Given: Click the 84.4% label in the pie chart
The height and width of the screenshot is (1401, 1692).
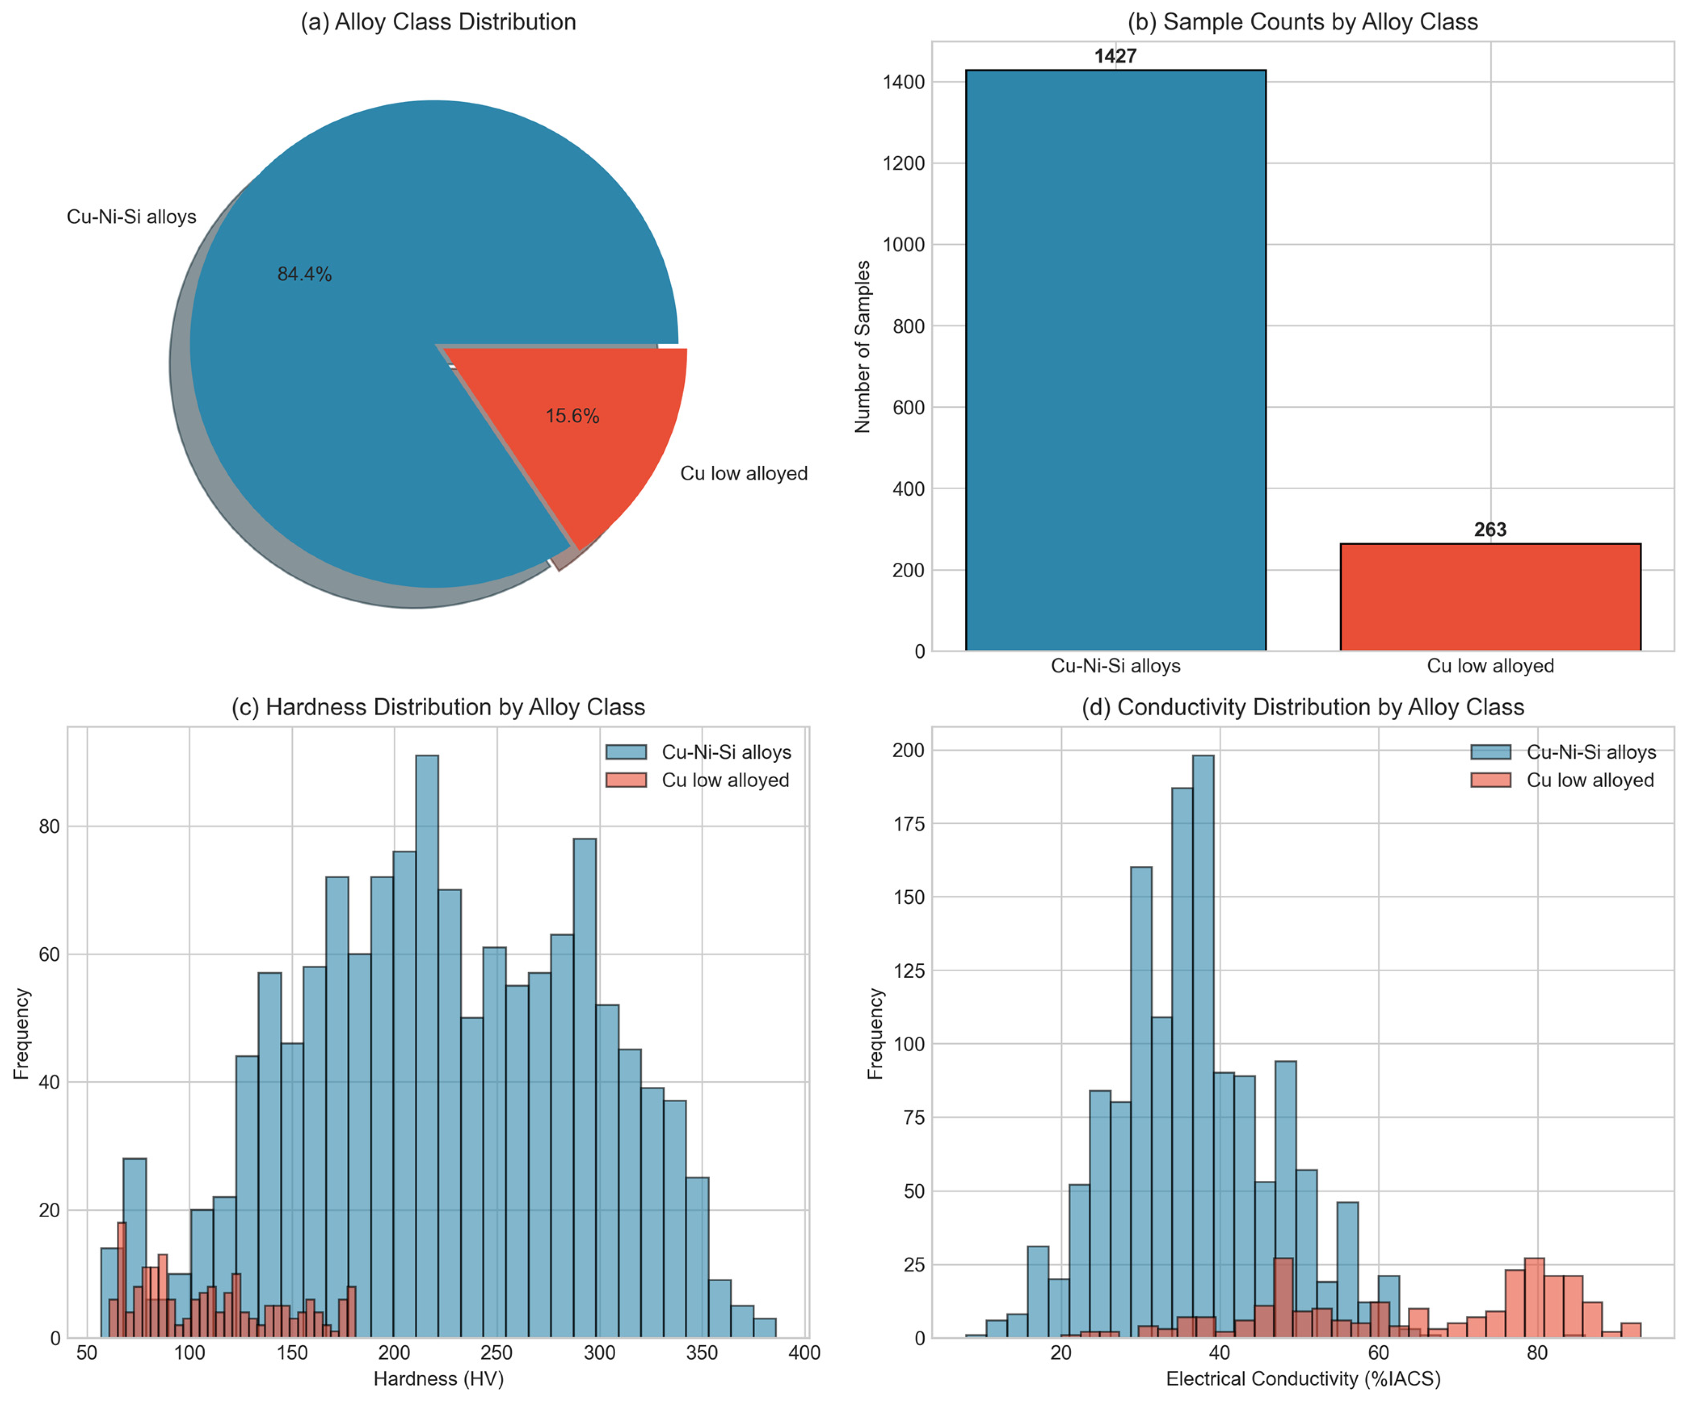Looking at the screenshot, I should click(304, 275).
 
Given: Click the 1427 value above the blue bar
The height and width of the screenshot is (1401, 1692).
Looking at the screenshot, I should click(1115, 56).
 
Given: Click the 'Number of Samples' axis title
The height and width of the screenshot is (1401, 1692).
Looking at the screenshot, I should click(863, 346).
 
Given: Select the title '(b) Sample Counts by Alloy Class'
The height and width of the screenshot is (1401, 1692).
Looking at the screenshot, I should click(1302, 22).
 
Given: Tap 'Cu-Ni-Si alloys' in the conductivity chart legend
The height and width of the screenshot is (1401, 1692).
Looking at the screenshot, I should click(1591, 752).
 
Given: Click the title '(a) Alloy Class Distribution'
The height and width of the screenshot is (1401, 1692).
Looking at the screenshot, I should click(438, 22).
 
